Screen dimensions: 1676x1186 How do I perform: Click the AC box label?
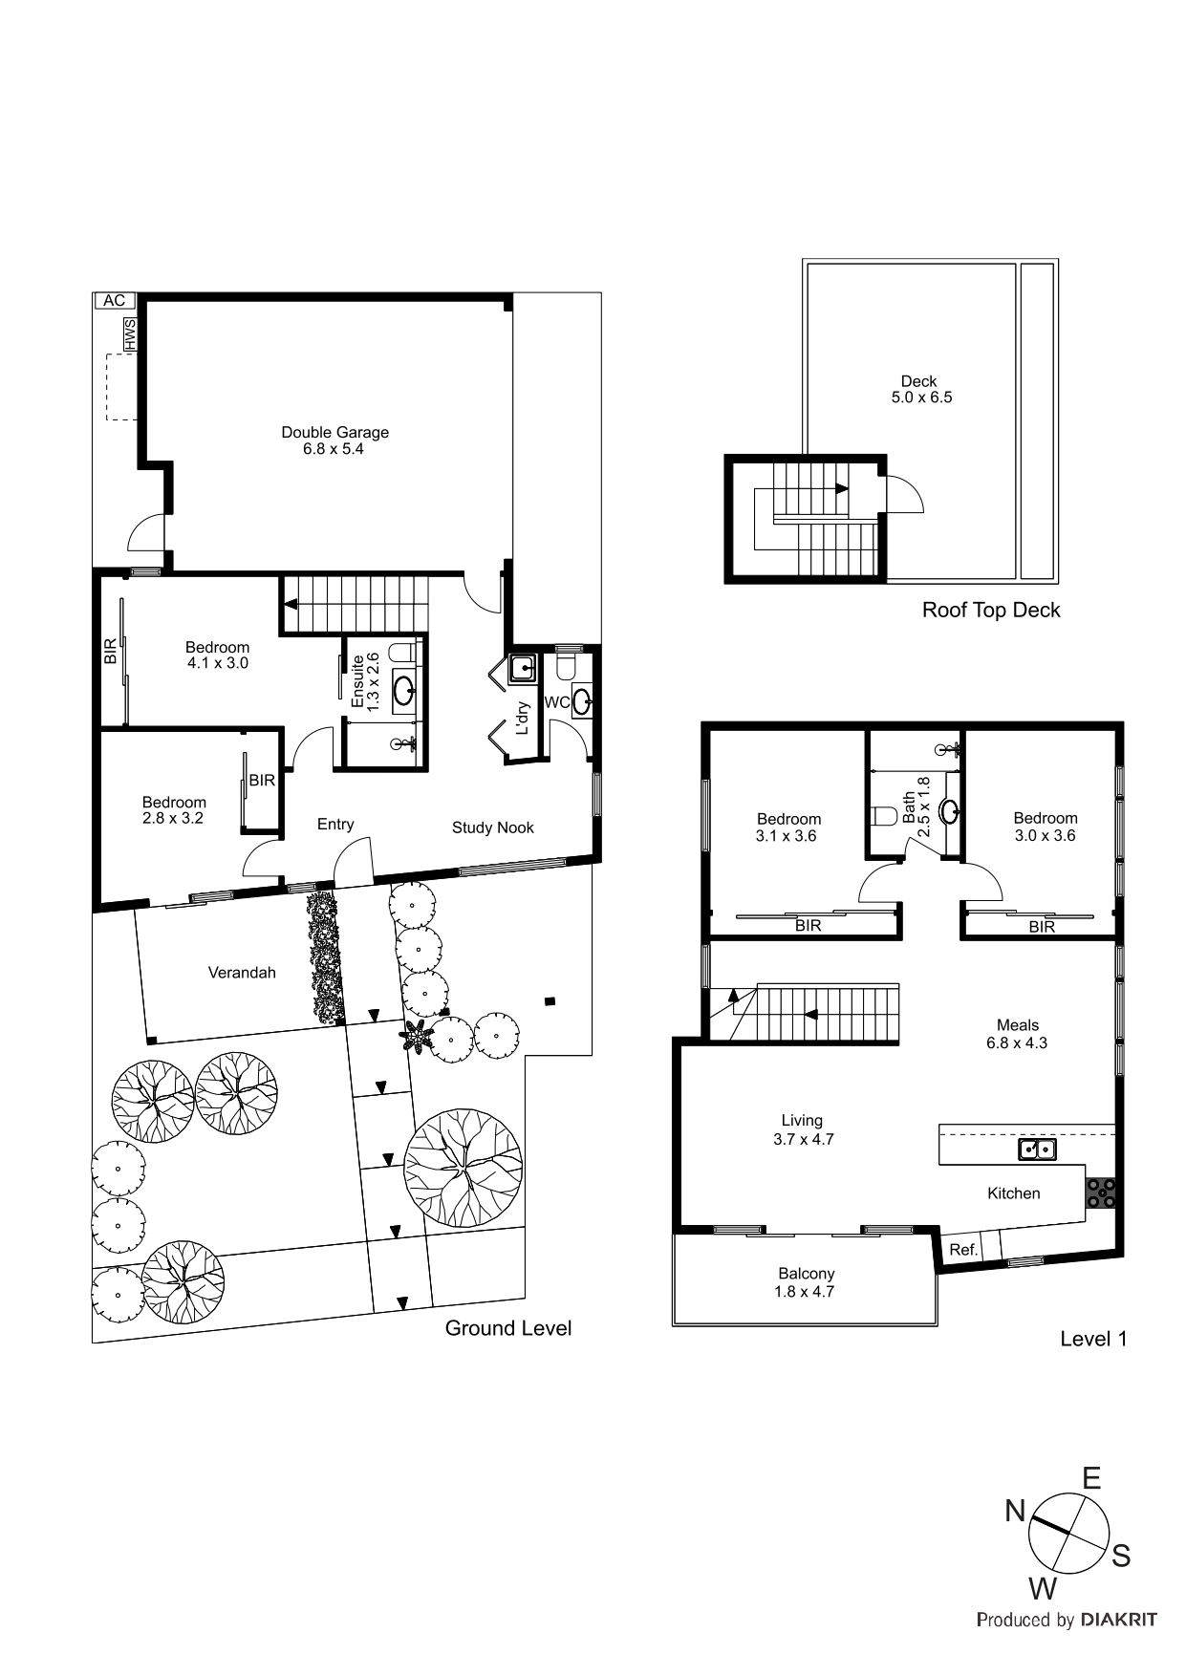114,300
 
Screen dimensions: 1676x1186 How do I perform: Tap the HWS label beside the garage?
129,334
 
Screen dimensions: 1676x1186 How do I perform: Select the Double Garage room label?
334,440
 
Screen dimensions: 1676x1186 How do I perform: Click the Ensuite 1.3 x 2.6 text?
365,680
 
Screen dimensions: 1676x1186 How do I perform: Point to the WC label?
556,702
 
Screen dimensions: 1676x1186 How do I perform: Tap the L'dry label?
522,717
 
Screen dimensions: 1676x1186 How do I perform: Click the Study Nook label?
492,827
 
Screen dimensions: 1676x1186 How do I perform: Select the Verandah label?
242,973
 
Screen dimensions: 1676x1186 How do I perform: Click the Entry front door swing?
353,860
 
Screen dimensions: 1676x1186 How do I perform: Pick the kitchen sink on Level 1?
1037,1150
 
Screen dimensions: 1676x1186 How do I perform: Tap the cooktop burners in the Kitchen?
1101,1193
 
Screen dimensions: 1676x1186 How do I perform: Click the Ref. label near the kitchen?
962,1249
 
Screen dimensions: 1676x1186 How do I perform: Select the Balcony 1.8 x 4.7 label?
806,1282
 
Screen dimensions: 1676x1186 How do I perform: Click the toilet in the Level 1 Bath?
883,816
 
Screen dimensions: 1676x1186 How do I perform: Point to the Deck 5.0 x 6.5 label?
920,389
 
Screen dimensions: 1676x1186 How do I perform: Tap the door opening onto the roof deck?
904,495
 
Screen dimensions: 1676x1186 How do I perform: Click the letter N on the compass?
1015,1511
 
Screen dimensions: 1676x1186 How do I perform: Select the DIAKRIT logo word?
1118,1619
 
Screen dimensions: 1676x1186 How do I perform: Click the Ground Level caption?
507,1327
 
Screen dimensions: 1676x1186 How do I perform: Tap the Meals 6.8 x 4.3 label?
1017,1034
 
